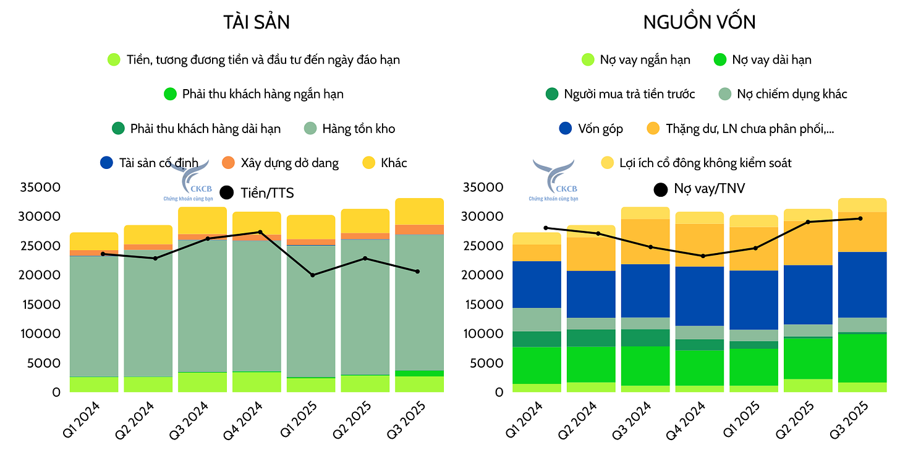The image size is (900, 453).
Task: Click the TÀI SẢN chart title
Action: point(257,22)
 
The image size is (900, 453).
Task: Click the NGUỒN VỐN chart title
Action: point(699,22)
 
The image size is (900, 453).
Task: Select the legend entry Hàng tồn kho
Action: point(350,129)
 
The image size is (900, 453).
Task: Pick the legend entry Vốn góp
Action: point(591,129)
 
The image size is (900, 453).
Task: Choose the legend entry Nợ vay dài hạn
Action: point(762,60)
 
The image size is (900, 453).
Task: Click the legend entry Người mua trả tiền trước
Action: point(620,94)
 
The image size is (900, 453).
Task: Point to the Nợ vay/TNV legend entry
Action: point(700,189)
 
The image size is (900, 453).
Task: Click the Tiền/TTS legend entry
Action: point(257,193)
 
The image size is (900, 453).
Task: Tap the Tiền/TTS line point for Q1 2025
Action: point(312,275)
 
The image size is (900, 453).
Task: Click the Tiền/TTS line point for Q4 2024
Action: point(260,232)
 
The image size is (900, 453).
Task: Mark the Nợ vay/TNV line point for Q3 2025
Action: point(860,218)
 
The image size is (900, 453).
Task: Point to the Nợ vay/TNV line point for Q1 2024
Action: point(545,228)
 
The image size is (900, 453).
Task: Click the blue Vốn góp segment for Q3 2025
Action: point(862,285)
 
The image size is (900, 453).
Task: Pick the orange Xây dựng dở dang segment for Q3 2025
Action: point(420,230)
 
